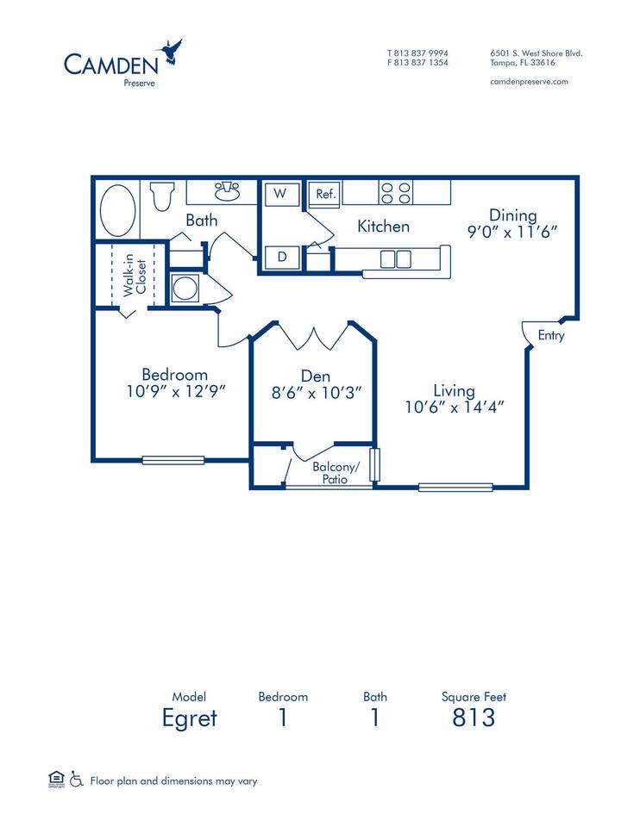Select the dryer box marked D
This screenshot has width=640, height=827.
click(x=282, y=258)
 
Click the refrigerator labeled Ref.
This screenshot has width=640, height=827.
click(x=325, y=194)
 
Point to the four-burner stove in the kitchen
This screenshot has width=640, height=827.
click(x=396, y=192)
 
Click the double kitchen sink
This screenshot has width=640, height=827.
click(x=396, y=259)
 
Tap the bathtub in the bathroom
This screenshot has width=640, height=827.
click(x=118, y=210)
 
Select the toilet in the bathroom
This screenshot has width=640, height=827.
click(x=162, y=196)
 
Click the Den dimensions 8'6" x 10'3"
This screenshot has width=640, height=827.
click(x=317, y=393)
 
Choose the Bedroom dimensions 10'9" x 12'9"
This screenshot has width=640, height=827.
click(x=176, y=391)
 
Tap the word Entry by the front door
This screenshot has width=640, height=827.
click(x=551, y=335)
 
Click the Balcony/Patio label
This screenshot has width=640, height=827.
click(x=336, y=473)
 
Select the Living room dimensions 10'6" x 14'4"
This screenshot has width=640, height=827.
click(x=455, y=407)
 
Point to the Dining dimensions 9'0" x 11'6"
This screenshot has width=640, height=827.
click(x=512, y=232)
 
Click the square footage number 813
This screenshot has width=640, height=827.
click(x=474, y=718)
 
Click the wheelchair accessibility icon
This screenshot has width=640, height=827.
click(x=77, y=779)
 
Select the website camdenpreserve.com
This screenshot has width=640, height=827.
click(x=529, y=82)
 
